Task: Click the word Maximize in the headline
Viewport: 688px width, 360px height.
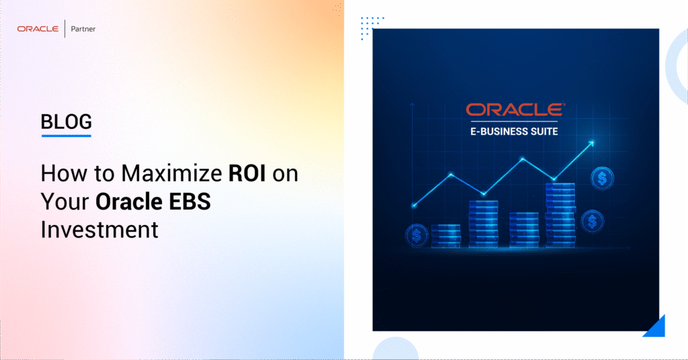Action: (169, 173)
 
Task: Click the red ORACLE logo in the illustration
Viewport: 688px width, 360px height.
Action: (515, 109)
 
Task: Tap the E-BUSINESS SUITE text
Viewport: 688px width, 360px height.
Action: (515, 131)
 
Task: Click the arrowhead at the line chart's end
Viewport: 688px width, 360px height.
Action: (591, 142)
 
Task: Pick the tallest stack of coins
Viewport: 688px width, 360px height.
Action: (559, 215)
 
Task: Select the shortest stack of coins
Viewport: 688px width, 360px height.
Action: (445, 236)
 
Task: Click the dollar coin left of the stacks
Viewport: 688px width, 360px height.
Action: (417, 235)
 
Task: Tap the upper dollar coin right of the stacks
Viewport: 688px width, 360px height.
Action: (601, 178)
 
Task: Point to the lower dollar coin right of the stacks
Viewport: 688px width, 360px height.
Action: (592, 220)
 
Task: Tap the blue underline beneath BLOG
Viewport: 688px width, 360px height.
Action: (66, 136)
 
